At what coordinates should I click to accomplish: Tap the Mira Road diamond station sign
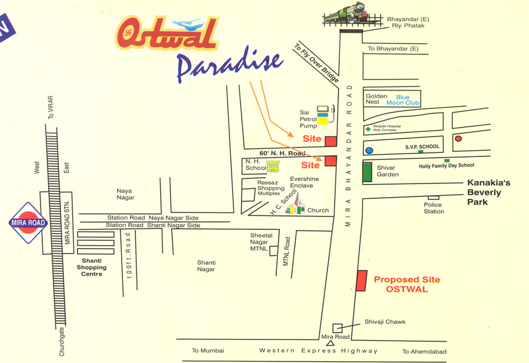[28, 223]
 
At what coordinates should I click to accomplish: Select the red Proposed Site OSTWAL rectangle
[361, 281]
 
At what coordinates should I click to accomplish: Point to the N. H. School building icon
[273, 167]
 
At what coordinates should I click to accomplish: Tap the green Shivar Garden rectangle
[367, 171]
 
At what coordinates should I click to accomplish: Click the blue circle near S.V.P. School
[369, 151]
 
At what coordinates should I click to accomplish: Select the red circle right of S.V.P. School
[458, 139]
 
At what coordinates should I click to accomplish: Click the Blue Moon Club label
[403, 100]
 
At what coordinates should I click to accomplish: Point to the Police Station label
[434, 208]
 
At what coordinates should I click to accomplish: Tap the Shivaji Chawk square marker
[337, 328]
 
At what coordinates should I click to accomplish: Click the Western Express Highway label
[319, 351]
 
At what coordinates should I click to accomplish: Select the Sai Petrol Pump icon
[322, 115]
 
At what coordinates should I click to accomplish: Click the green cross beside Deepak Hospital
[368, 129]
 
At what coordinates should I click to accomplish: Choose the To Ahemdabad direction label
[424, 352]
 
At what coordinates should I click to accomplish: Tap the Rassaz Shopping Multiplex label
[270, 188]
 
